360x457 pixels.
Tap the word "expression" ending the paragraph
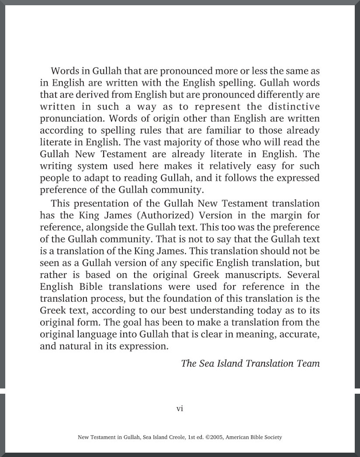click(145, 347)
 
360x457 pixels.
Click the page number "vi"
click(180, 409)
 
